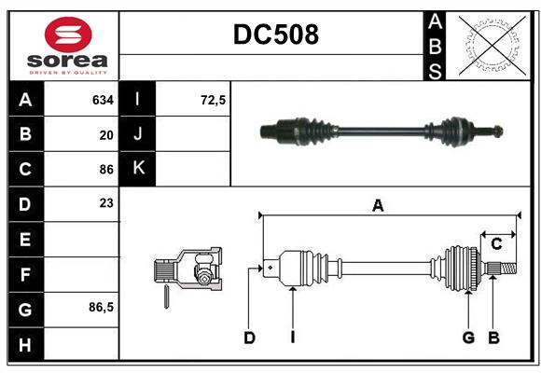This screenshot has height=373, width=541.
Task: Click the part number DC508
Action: (x=275, y=35)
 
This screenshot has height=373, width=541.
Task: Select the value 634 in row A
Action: (x=103, y=99)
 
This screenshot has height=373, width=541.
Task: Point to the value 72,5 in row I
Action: (x=214, y=99)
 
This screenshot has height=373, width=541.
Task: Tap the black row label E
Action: (x=24, y=239)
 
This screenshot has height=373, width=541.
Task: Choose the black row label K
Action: (x=138, y=169)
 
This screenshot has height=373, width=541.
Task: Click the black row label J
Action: (x=138, y=134)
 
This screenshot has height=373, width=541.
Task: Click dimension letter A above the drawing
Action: (x=378, y=206)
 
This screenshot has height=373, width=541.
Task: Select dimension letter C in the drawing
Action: (x=496, y=244)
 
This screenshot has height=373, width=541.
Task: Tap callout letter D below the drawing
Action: (x=249, y=338)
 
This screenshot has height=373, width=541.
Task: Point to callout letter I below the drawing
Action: (x=292, y=338)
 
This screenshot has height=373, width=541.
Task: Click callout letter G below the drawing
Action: (x=468, y=338)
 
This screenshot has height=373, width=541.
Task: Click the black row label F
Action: (x=24, y=274)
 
